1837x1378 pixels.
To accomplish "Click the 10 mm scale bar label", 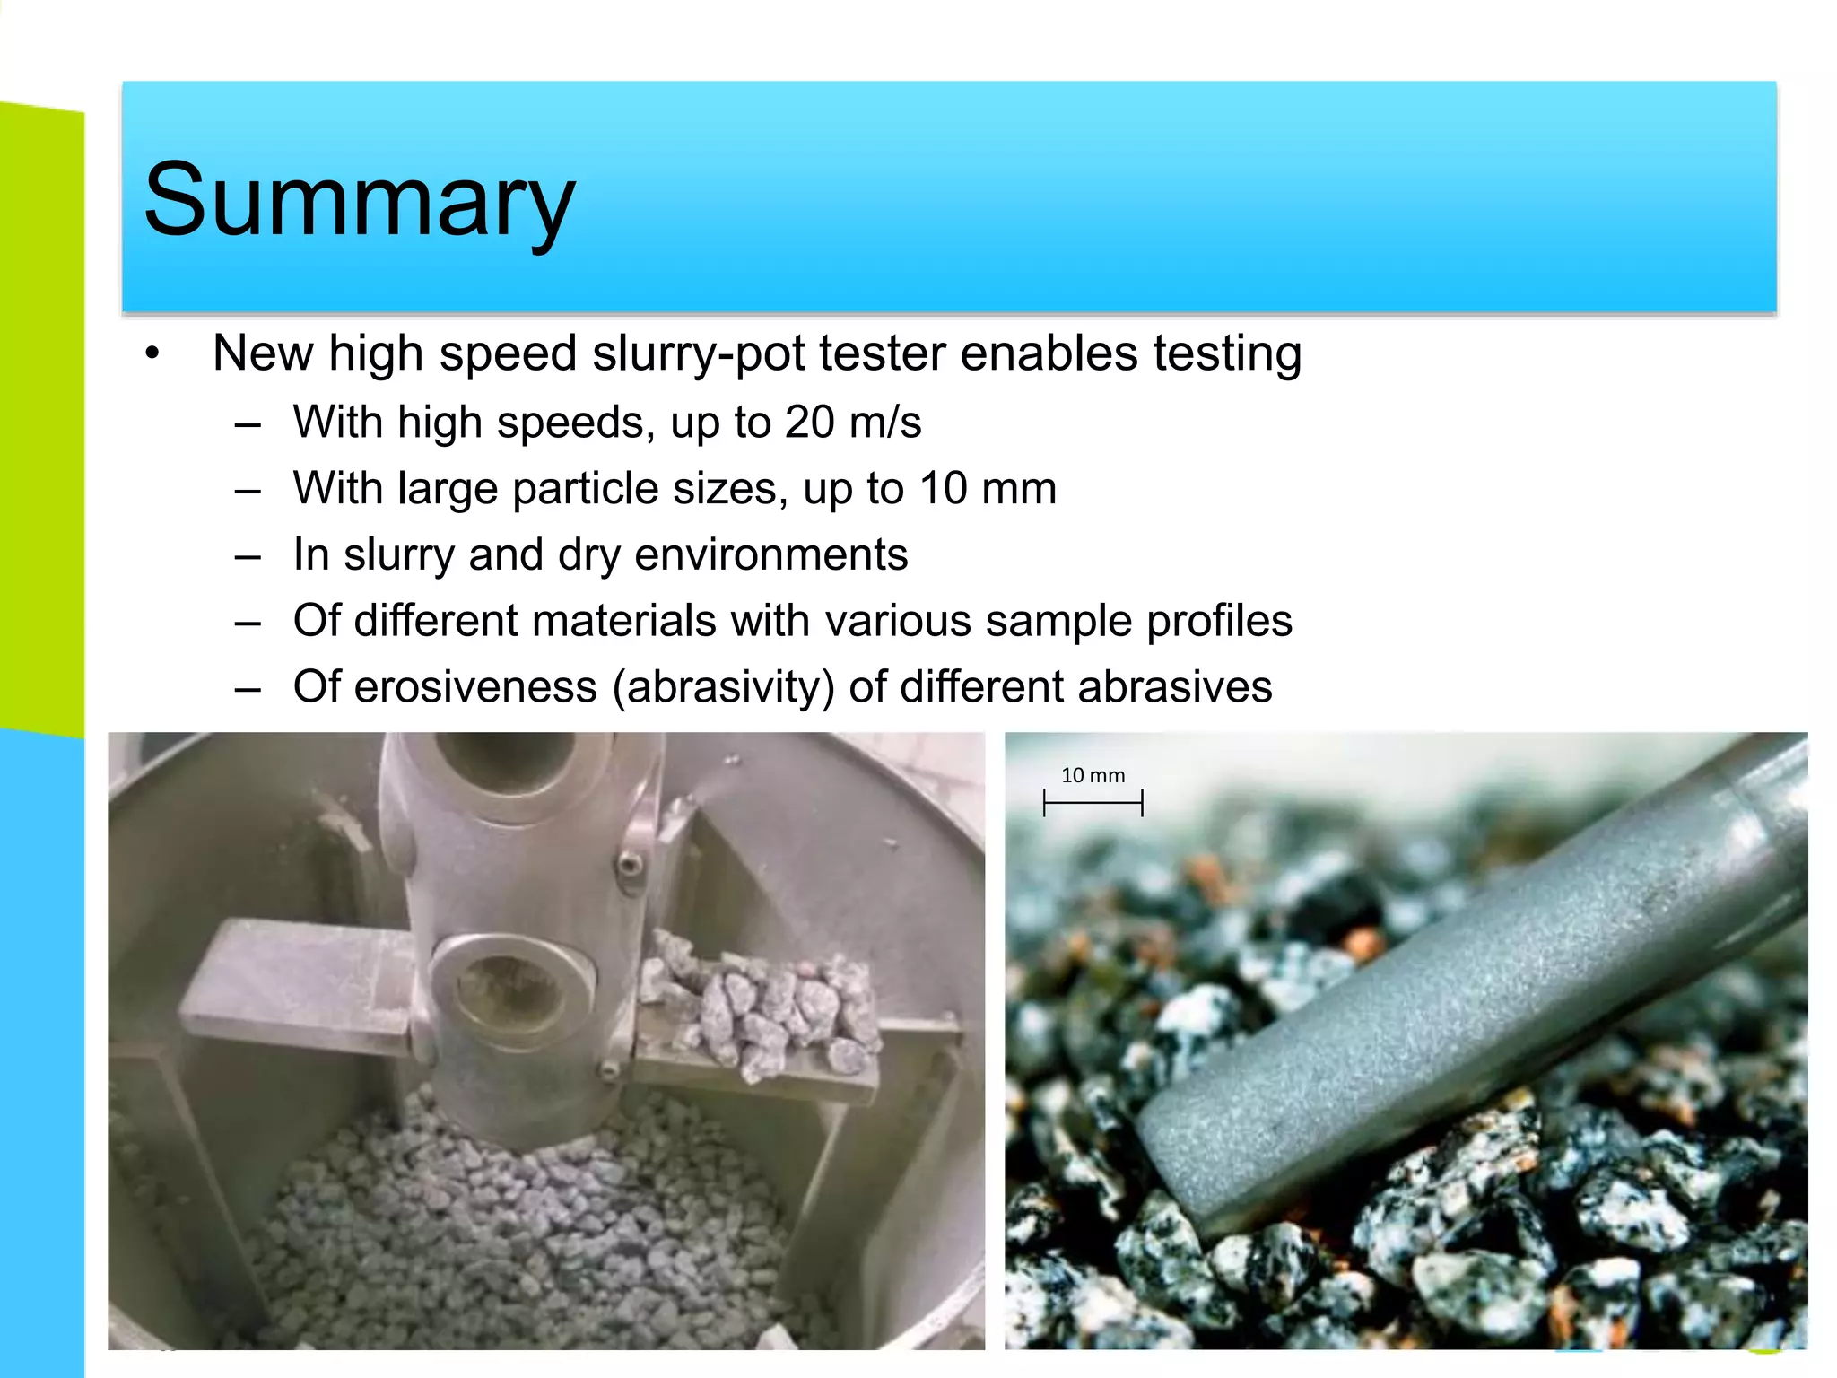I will tap(1093, 775).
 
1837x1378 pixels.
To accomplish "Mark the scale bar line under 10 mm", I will tap(1093, 802).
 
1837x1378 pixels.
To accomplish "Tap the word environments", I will tap(770, 555).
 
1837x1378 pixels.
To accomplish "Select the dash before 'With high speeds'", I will tap(248, 423).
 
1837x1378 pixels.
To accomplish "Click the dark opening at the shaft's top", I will tap(507, 758).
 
